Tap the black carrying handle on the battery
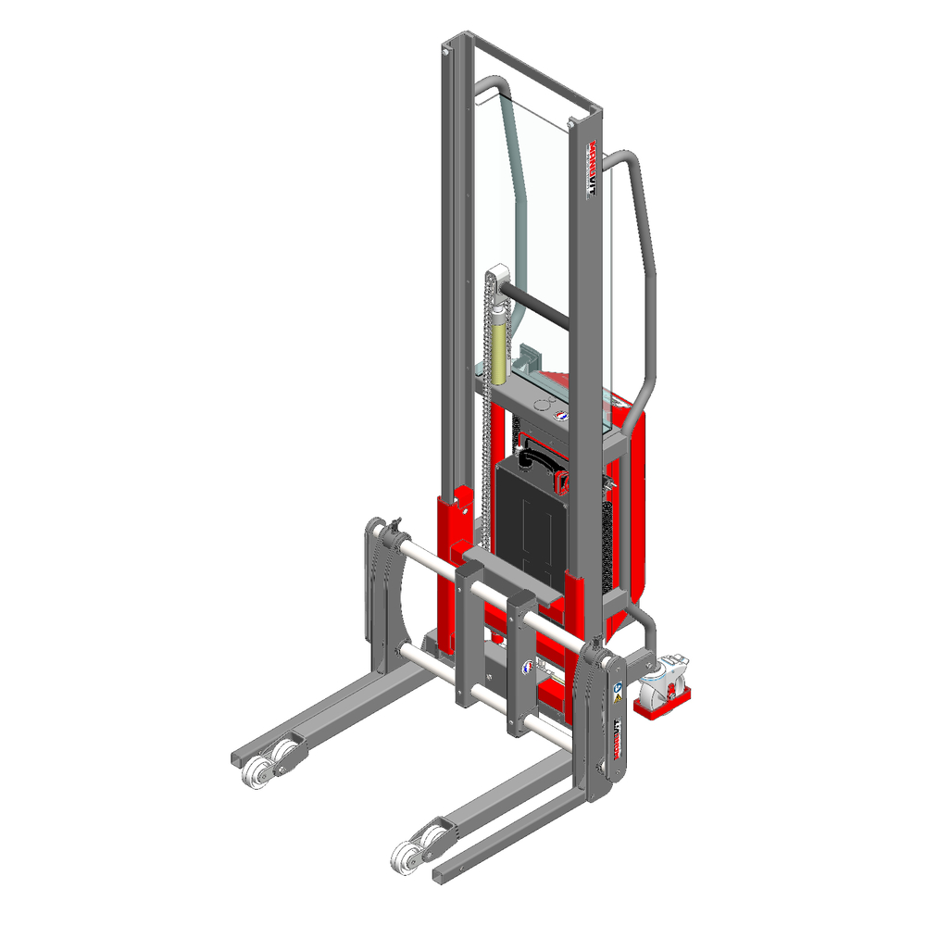tap(538, 457)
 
